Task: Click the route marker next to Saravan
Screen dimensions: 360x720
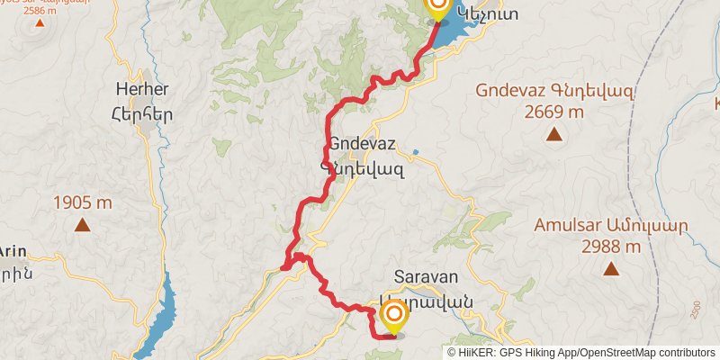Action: coord(393,316)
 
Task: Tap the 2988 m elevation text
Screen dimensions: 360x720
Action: coord(611,247)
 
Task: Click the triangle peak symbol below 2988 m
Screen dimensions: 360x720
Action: coord(611,268)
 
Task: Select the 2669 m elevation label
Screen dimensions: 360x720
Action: coord(554,112)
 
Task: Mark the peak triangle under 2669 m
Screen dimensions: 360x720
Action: coord(554,135)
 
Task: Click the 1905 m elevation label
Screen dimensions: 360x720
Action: coord(82,202)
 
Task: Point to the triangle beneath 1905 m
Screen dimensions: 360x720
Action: coord(82,225)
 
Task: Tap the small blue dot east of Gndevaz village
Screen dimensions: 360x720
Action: coord(415,152)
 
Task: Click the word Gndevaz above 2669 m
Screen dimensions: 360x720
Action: coord(509,91)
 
